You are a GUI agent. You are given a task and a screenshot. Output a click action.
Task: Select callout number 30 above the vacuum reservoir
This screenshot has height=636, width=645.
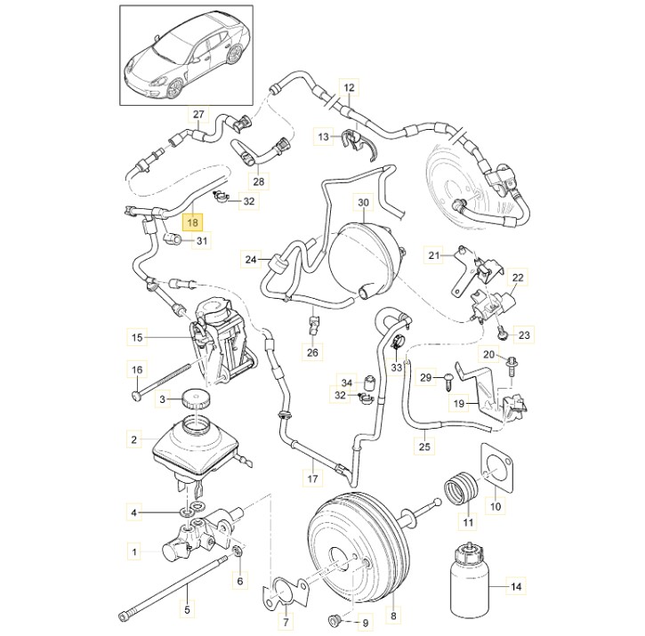point(362,204)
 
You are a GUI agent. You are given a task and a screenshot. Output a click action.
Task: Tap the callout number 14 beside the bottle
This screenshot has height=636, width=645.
point(515,586)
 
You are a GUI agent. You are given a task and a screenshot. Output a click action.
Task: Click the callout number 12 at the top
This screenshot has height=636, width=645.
point(349,88)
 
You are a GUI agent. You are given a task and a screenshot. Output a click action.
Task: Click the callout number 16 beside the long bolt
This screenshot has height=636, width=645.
point(136,370)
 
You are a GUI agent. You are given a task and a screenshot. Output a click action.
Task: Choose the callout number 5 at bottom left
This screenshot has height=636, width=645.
point(187,610)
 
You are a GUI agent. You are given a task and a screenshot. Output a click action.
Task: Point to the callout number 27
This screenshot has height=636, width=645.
point(199,115)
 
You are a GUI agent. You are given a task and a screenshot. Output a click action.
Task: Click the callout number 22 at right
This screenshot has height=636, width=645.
point(519,278)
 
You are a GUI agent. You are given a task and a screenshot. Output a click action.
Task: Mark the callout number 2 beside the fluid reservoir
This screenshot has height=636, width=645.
point(134,439)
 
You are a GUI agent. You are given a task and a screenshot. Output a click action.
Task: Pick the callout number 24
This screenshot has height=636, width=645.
point(252,260)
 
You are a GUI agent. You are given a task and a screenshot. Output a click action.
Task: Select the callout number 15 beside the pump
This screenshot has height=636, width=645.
point(136,337)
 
